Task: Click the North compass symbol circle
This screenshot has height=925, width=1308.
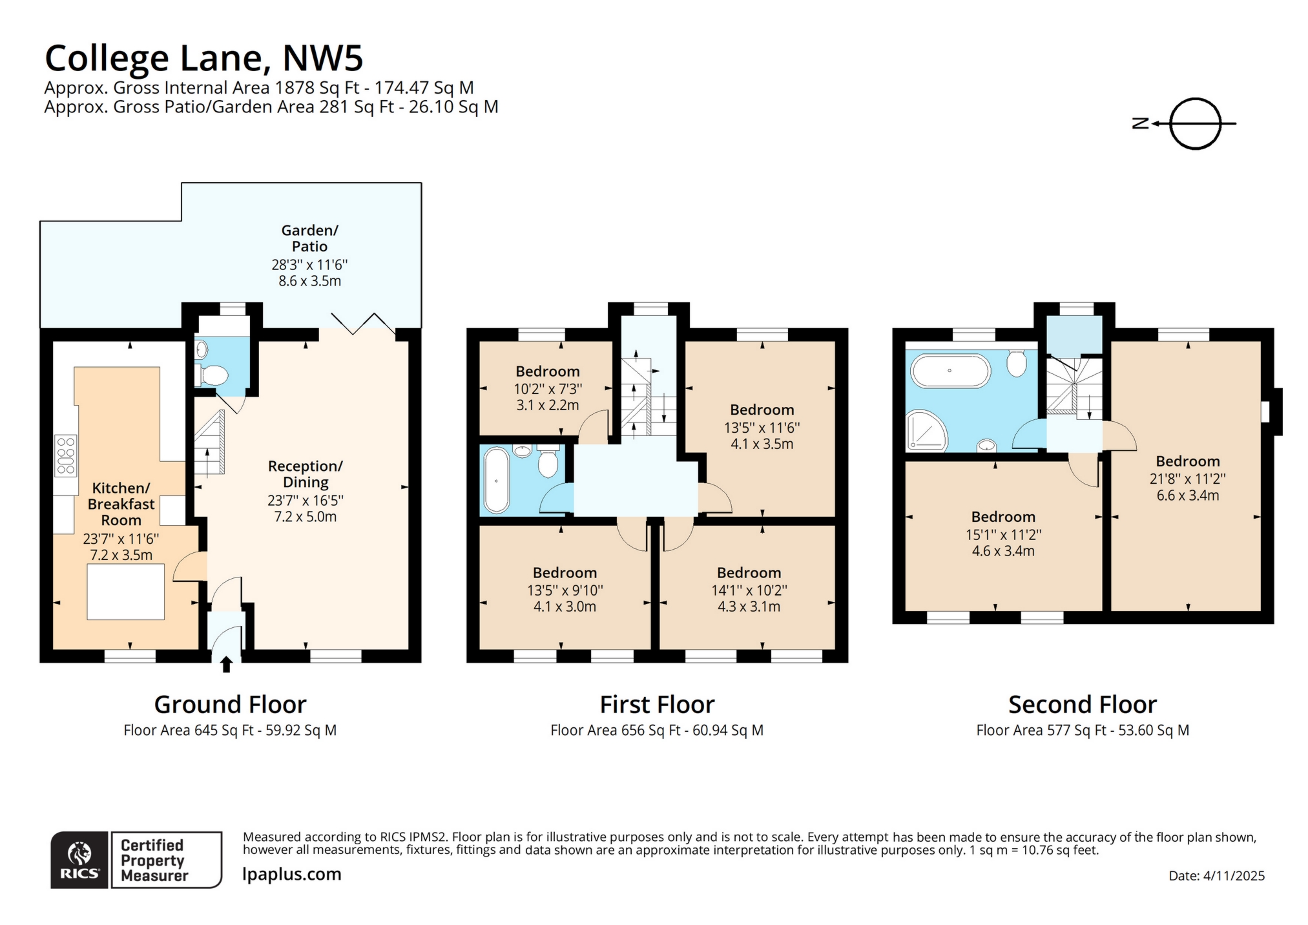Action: (1195, 123)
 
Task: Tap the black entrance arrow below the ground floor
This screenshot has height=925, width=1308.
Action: (226, 664)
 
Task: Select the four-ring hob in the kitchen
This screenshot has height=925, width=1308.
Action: (66, 455)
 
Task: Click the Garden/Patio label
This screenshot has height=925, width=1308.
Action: (309, 238)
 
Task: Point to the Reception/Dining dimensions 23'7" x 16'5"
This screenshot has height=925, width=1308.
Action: (306, 500)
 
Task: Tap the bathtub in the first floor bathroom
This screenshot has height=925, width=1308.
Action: (496, 480)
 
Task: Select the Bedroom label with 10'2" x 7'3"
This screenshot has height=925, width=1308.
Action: (548, 371)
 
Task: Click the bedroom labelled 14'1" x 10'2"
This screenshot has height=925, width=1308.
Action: (749, 589)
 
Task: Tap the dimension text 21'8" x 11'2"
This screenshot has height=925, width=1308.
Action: (1187, 479)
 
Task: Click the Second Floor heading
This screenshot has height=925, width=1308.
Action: (1082, 704)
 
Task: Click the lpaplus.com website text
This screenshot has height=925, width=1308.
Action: (291, 874)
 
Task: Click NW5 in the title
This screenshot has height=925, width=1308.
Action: (322, 58)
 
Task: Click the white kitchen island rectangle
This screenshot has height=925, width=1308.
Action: (125, 592)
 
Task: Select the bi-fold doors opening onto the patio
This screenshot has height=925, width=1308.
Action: (362, 324)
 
